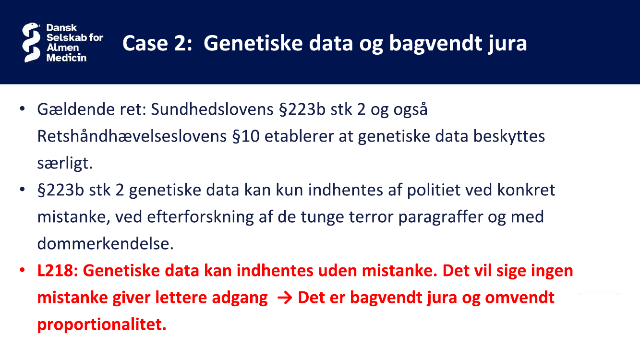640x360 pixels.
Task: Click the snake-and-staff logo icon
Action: tap(31, 42)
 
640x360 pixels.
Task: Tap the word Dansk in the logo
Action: tap(61, 28)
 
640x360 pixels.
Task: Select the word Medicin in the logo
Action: tap(66, 58)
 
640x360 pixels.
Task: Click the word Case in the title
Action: tap(145, 43)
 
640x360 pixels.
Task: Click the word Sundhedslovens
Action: tap(212, 109)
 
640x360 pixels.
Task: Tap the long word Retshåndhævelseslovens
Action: tap(132, 136)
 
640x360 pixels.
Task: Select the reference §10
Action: tap(246, 136)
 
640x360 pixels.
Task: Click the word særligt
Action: tap(65, 163)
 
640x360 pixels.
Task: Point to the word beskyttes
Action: tap(509, 136)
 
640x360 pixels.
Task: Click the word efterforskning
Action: tap(200, 217)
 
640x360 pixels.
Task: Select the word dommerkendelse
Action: tap(105, 244)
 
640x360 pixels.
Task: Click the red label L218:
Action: tap(58, 271)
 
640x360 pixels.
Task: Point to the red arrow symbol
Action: tap(285, 298)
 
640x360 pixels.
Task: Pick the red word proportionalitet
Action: tap(102, 325)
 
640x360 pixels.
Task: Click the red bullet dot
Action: tap(22, 270)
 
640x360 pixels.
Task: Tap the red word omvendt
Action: tap(519, 298)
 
